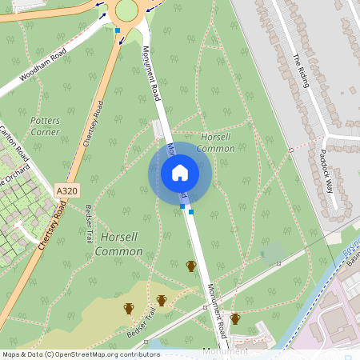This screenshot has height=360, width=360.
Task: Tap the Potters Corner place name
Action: (x=45, y=126)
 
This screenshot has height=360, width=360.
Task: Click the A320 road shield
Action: (x=67, y=192)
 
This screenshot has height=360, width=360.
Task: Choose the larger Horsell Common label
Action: (x=118, y=244)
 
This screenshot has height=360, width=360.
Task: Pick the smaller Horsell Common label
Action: (x=215, y=142)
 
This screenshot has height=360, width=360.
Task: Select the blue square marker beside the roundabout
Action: (x=118, y=30)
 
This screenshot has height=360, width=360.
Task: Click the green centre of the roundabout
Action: (x=126, y=10)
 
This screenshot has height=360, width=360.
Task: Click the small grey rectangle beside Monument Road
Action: (x=157, y=130)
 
